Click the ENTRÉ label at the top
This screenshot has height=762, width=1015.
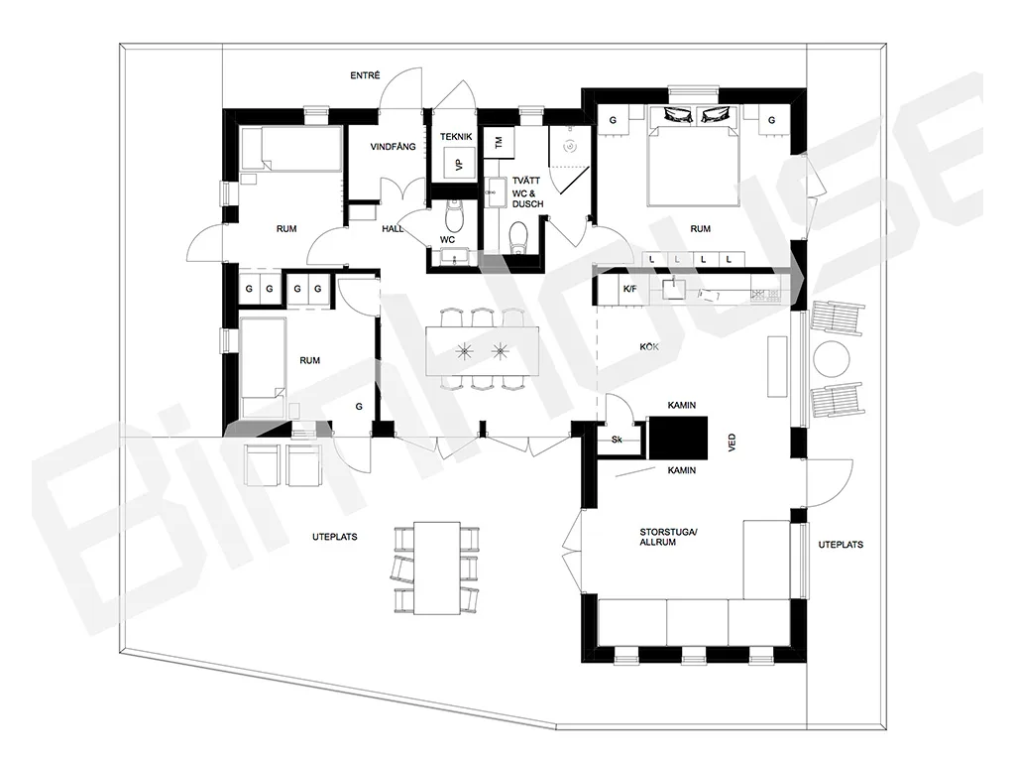[365, 75]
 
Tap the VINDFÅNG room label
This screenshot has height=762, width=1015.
[393, 147]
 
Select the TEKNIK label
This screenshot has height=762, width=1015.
[456, 137]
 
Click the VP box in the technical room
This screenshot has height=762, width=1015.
[460, 163]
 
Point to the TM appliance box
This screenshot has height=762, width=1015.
[500, 142]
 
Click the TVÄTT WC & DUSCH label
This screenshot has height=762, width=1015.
[527, 192]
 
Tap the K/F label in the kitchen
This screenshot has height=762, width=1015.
[629, 289]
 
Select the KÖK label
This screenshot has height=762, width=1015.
[649, 347]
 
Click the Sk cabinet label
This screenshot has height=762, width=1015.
[617, 440]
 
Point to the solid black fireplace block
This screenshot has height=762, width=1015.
[678, 438]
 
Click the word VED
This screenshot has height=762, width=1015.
[733, 443]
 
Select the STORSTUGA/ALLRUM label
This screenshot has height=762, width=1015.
[669, 537]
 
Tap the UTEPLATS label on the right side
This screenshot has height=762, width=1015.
[841, 545]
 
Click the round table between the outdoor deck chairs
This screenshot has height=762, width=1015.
[832, 359]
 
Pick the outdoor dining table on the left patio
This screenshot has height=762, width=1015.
[437, 568]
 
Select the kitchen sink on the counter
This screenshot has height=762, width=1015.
[673, 287]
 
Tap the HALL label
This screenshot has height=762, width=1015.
[393, 229]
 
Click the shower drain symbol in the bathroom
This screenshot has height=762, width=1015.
[570, 147]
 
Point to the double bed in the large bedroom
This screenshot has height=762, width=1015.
[693, 156]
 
